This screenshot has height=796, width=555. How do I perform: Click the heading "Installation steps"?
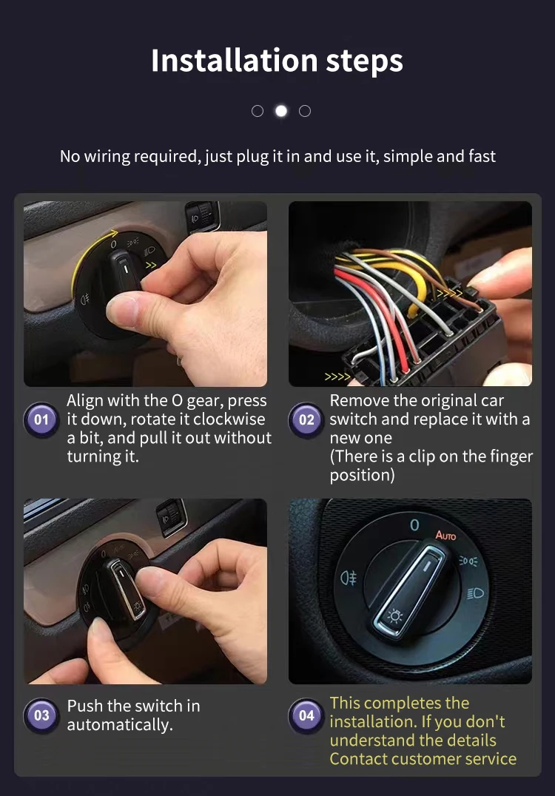277,61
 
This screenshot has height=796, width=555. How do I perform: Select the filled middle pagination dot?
281,111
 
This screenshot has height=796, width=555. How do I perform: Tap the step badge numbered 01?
41,420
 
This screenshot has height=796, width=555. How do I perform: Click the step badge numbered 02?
306,420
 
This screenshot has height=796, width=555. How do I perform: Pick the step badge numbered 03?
41,715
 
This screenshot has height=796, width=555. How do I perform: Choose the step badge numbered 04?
306,715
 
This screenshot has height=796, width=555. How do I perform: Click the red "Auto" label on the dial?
445,535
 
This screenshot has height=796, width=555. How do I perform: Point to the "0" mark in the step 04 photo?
414,525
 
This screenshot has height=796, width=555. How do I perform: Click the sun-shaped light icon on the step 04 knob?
395,615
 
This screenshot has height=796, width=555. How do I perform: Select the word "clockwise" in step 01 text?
229,419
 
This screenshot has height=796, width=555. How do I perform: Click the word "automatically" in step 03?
119,725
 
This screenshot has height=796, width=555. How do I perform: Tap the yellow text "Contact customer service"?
423,759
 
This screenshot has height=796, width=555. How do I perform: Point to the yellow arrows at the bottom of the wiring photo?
337,377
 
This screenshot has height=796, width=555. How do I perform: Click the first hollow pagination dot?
258,111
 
